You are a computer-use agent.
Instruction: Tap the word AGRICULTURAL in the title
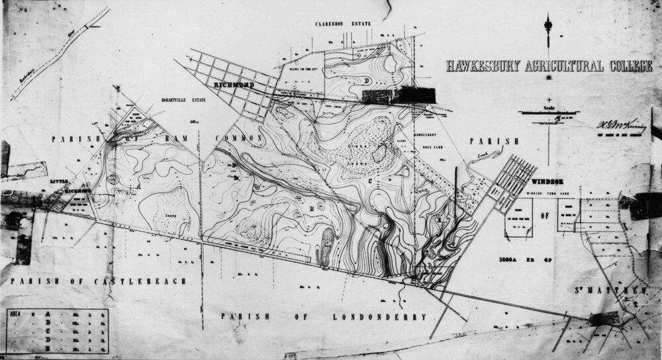[x=556, y=66]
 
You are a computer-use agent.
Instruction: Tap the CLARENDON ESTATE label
[x=344, y=24]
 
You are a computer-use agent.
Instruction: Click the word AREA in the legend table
[x=15, y=316]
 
